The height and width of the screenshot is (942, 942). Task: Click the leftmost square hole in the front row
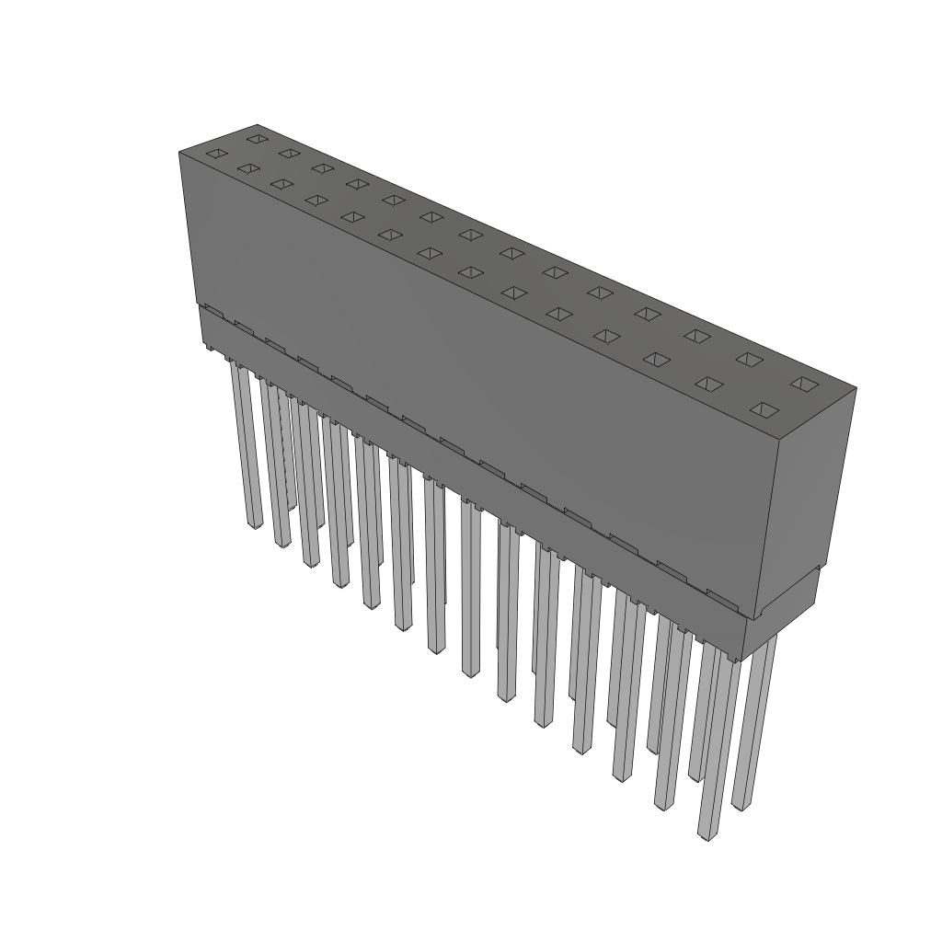click(215, 154)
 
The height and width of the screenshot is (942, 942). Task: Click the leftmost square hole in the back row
click(257, 139)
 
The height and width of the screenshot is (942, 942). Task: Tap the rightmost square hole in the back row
click(803, 383)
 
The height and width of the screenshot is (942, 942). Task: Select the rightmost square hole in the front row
click(764, 408)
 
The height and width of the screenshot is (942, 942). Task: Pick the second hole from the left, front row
click(247, 168)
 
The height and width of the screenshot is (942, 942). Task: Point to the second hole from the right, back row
click(749, 359)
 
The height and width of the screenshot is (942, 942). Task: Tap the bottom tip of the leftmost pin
click(255, 523)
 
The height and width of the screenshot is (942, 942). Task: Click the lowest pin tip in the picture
click(706, 835)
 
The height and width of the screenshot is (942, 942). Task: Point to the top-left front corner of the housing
click(179, 153)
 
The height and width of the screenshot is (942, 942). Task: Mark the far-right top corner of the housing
click(856, 388)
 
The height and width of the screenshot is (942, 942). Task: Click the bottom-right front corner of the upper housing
click(756, 619)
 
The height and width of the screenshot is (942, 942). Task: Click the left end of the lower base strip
click(203, 327)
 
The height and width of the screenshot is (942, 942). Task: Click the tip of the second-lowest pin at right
click(739, 807)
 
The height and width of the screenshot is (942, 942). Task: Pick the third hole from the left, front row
click(281, 184)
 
